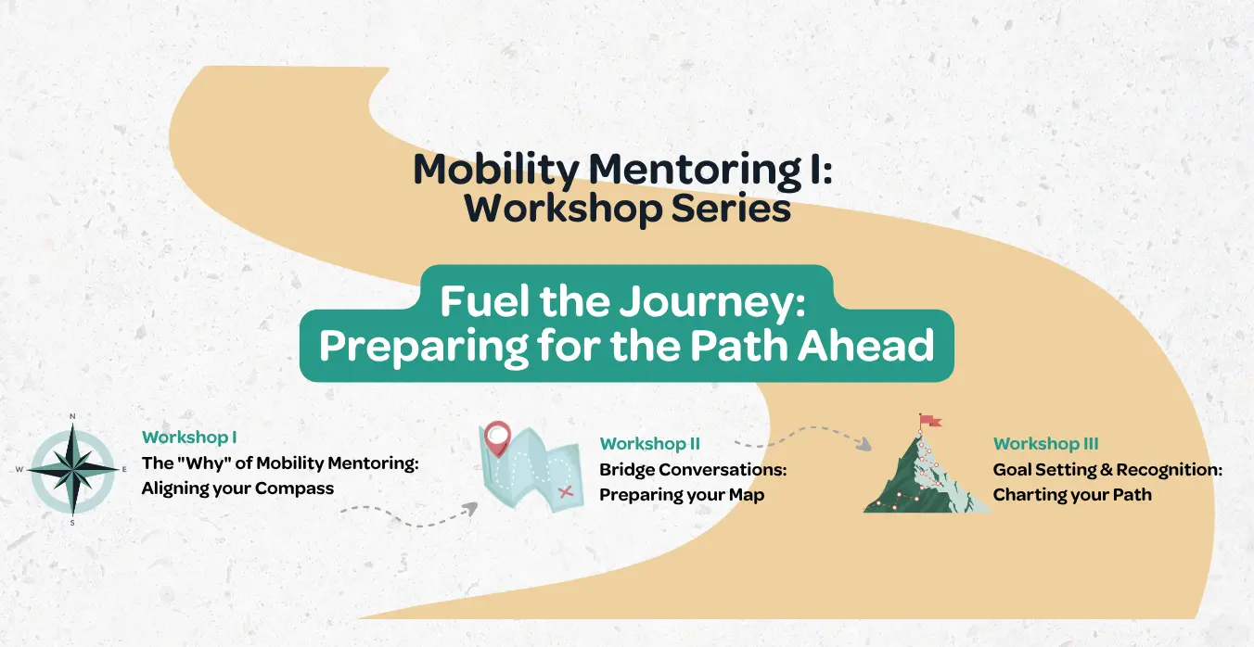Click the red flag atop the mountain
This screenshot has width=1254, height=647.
930,420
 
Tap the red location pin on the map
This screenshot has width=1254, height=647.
498,438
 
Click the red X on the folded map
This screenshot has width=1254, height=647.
566,492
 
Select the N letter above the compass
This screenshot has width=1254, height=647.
72,416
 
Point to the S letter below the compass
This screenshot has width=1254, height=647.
72,523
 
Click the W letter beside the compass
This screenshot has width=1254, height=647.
19,469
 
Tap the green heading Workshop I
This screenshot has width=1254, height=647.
189,438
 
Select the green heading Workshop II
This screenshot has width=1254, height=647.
650,444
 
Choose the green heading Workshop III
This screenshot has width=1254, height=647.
1045,444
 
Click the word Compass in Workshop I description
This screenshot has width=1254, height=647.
294,488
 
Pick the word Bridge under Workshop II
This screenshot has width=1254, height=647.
627,470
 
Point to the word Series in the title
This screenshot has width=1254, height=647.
731,209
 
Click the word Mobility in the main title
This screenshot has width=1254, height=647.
496,170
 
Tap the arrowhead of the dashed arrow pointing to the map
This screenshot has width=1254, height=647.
470,509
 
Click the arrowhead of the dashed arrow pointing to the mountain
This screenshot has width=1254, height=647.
864,444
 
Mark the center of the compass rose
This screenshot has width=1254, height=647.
72,470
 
